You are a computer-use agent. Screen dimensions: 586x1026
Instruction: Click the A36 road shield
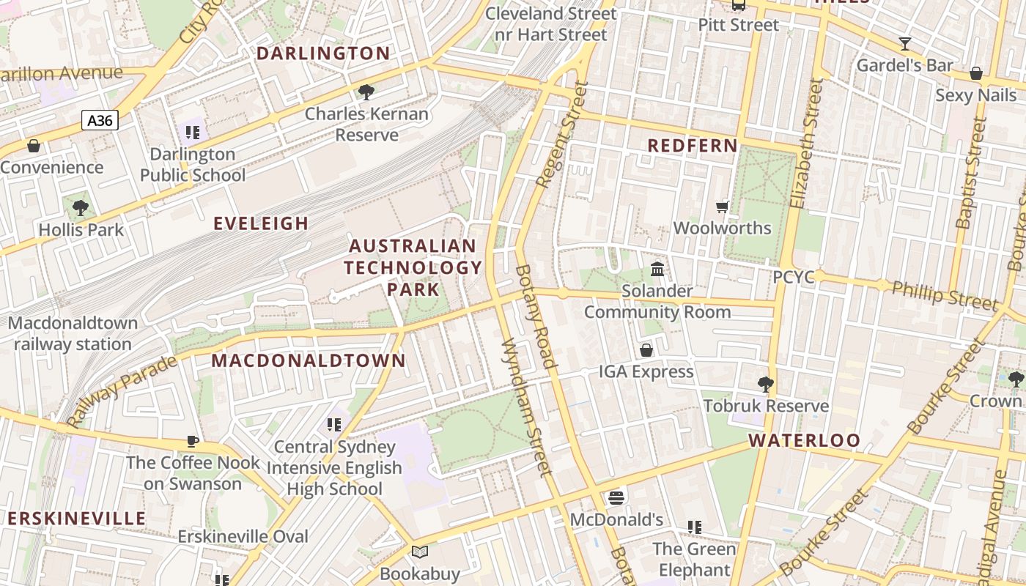[100, 120]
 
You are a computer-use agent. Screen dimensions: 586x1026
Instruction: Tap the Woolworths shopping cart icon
[723, 207]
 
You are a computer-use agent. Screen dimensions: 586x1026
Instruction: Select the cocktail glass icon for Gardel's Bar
[905, 43]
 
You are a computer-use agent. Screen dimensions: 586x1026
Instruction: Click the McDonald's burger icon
[616, 498]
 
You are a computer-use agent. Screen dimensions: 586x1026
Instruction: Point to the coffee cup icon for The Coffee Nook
[193, 441]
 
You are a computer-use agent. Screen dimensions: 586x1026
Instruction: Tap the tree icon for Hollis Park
[81, 208]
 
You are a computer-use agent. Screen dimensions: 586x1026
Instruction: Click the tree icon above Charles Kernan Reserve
[366, 92]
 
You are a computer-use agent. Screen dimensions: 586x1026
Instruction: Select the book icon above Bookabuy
[420, 552]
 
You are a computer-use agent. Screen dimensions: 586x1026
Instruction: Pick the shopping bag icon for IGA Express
[646, 350]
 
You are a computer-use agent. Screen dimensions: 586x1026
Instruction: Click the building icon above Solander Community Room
[657, 270]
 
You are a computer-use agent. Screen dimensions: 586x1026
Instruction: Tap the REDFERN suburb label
[693, 146]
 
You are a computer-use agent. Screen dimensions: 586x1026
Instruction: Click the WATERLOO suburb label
[804, 440]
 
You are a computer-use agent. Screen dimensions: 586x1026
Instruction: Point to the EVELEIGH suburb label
[261, 223]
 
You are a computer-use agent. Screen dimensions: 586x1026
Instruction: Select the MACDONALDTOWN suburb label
[309, 360]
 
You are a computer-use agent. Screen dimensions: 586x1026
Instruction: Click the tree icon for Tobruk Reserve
[766, 384]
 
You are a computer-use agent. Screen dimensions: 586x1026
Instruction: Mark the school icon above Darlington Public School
[193, 133]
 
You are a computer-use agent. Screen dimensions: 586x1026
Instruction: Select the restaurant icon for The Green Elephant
[694, 527]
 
